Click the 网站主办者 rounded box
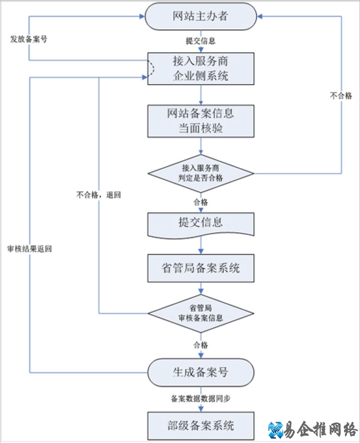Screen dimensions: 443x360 point(200,16)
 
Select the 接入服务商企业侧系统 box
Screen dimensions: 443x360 point(200,68)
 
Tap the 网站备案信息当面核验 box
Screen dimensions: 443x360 point(200,121)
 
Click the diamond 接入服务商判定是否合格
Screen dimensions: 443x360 point(200,173)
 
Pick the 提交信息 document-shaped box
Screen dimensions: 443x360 point(200,224)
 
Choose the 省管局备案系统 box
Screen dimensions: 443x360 point(200,268)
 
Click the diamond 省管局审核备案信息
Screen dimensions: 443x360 point(200,314)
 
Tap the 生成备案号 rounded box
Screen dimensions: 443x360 point(200,372)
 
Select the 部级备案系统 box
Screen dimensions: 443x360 point(200,425)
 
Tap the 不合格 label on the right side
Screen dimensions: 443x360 point(341,96)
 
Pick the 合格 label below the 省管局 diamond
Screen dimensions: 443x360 point(200,345)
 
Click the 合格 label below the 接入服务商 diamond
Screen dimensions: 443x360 point(200,202)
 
